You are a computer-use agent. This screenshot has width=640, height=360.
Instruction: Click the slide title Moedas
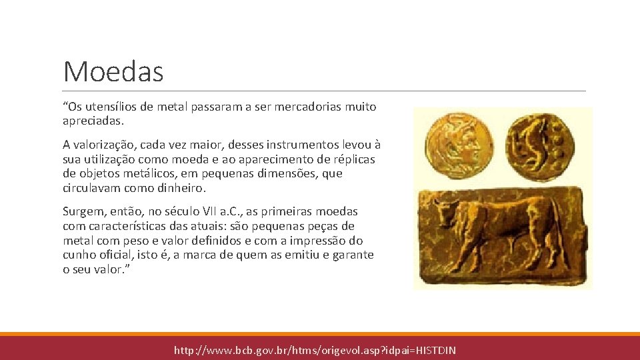point(113,71)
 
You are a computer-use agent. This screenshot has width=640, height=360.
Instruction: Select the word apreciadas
point(92,122)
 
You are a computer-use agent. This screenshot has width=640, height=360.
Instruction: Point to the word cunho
point(79,255)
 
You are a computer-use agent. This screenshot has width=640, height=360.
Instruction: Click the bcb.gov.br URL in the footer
point(315,350)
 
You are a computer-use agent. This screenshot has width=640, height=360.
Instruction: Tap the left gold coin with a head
point(459,139)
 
